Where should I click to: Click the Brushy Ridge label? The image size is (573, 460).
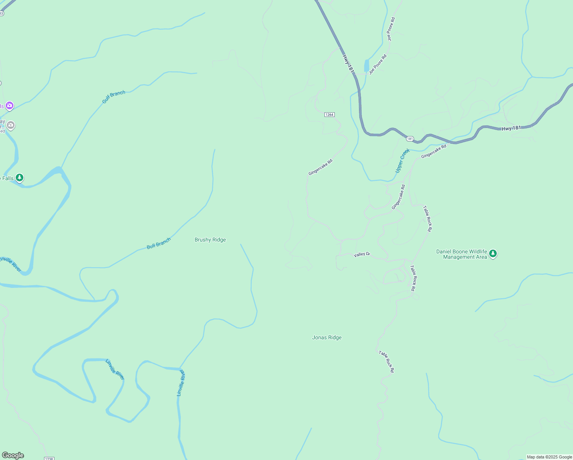[x=210, y=240]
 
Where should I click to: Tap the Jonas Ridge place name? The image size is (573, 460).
[x=327, y=338]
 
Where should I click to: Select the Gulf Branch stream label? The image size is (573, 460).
[x=114, y=97]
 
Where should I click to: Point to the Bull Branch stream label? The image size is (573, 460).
[x=159, y=244]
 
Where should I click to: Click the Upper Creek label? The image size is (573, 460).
[x=402, y=161]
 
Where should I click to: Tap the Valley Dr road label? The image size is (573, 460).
[x=362, y=255]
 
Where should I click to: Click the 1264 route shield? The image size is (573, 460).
[x=329, y=115]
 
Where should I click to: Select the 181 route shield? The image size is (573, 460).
[x=410, y=138]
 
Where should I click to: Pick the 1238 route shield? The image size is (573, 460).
[x=49, y=458]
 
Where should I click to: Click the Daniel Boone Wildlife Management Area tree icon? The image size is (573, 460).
[x=493, y=254]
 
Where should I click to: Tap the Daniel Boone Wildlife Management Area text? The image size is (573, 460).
[x=462, y=255]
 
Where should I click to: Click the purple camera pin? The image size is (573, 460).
[x=10, y=105]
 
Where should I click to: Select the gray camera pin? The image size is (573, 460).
[x=11, y=125]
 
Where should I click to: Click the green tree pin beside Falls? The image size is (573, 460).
[x=20, y=178]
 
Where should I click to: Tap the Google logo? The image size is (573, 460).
[x=13, y=455]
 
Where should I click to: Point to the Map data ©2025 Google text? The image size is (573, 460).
[x=549, y=457]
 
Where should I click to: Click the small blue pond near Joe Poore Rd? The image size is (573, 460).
[x=367, y=66]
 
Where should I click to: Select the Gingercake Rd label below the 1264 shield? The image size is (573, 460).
[x=320, y=167]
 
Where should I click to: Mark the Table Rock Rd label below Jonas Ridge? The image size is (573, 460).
[x=386, y=361]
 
